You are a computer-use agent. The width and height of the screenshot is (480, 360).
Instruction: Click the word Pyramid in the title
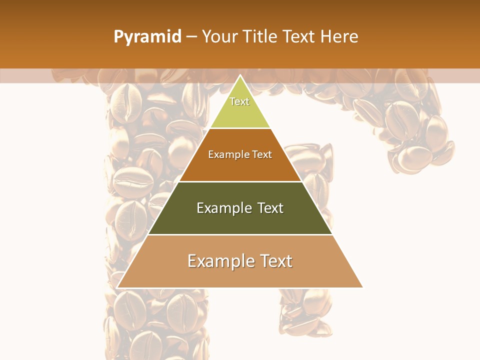click(147, 36)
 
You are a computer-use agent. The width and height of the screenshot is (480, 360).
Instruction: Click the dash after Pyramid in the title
click(191, 37)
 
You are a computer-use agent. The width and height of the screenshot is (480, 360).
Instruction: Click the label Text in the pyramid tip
click(239, 101)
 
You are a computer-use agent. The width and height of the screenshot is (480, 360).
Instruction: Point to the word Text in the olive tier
click(270, 208)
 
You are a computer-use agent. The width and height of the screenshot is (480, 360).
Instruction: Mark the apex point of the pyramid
click(240, 75)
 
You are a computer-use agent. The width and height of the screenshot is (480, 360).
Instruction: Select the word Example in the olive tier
click(223, 208)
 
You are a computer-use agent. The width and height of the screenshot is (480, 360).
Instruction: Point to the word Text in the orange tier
click(262, 154)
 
